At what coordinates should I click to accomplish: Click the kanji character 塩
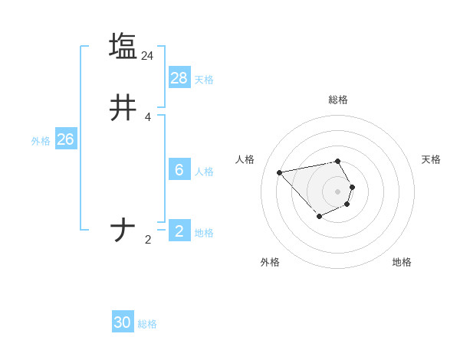(x=123, y=46)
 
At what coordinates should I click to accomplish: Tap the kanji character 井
(x=123, y=109)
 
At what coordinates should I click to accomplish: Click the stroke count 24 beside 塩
(x=148, y=56)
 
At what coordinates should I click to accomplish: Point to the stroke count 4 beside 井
(x=148, y=118)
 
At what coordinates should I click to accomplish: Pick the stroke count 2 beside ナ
(x=148, y=240)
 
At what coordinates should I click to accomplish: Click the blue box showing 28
(x=179, y=77)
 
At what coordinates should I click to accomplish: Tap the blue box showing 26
(x=66, y=139)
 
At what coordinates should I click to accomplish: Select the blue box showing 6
(x=179, y=170)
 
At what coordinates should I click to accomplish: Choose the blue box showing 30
(x=123, y=322)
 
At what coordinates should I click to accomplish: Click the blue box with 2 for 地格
(x=179, y=231)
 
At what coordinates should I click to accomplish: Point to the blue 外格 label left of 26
(x=41, y=141)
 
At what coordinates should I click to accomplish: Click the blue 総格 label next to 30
(x=147, y=324)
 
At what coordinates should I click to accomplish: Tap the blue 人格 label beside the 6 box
(x=204, y=172)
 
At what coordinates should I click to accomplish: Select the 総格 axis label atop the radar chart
(x=338, y=100)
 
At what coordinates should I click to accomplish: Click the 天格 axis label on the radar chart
(x=431, y=159)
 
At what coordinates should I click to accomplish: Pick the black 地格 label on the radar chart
(x=402, y=262)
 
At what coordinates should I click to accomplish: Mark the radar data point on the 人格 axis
(x=280, y=172)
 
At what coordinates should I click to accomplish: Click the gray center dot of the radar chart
(x=338, y=191)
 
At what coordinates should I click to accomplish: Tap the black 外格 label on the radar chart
(x=270, y=262)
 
